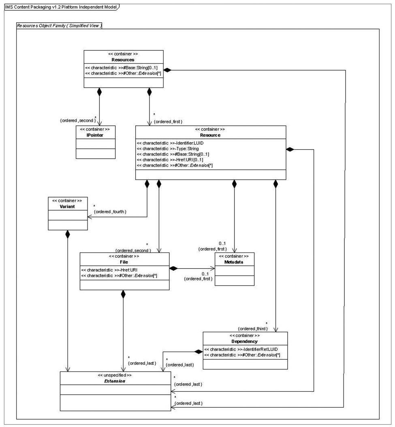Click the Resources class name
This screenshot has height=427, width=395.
(x=123, y=59)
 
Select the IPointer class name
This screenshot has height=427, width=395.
(x=95, y=135)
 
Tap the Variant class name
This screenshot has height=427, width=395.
(x=67, y=206)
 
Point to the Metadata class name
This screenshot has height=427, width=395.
(x=234, y=262)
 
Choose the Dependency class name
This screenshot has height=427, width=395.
(x=245, y=341)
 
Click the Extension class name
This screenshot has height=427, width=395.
(x=115, y=381)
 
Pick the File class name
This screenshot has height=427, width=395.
(x=124, y=262)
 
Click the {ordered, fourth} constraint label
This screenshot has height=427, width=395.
(x=110, y=212)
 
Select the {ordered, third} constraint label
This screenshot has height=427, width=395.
(x=253, y=329)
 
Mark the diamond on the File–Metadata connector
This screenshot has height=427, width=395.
(x=173, y=268)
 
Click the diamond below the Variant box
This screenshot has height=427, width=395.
(x=68, y=234)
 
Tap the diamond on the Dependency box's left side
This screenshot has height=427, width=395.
(x=199, y=352)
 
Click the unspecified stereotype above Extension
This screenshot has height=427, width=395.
(x=115, y=375)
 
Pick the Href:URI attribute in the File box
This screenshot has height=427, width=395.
(x=109, y=270)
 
